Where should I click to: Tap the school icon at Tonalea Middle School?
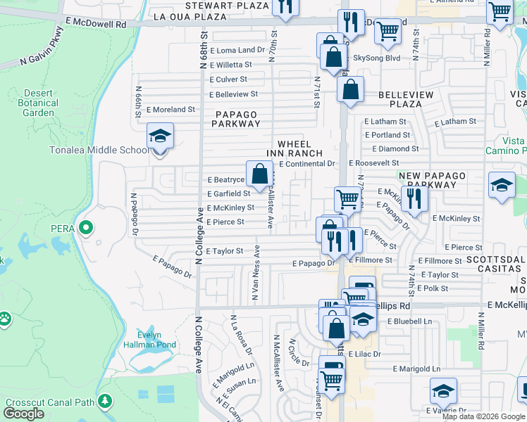pos(160,135)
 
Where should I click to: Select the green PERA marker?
pos(86,228)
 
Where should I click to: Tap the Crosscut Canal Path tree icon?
pos(105,402)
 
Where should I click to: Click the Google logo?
pos(23,414)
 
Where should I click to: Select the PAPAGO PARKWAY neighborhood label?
pos(237,118)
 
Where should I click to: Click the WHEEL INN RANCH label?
pos(294,148)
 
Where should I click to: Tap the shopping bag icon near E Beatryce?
pos(259,172)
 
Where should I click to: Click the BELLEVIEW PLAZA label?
pos(400,98)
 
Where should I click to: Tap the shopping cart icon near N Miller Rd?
pos(500,11)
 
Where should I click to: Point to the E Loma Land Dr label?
pos(237,51)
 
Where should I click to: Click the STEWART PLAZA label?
pos(218,5)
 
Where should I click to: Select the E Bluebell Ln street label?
pos(409,321)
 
